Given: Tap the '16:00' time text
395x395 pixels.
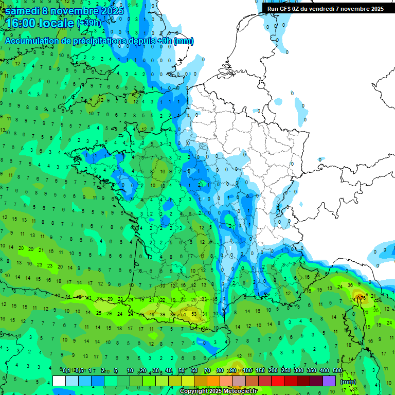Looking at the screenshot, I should coord(22,23).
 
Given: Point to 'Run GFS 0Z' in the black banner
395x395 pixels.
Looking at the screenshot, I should coord(285,9).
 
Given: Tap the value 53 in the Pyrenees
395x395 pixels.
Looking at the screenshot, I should coord(194,314).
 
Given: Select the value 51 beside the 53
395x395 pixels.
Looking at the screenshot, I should coord(183,314).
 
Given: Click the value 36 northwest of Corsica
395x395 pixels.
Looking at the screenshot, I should coord(350,285).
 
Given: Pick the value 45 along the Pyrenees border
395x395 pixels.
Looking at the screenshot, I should coord(151,314).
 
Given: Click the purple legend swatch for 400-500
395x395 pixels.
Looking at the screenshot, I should coord(329,381).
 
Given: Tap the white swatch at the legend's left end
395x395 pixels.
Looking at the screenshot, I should coord(59,381).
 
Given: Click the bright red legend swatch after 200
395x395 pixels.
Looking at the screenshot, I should coord(278,381).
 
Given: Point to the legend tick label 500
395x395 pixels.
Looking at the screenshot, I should coord(337,371).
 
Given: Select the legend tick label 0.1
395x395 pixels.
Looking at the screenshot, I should coord(66,371).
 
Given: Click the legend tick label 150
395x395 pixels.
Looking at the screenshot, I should coord(260,371).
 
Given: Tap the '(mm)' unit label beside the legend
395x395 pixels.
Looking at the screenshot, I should coord(348,382).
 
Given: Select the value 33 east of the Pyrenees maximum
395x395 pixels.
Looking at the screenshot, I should coord(204,299).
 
